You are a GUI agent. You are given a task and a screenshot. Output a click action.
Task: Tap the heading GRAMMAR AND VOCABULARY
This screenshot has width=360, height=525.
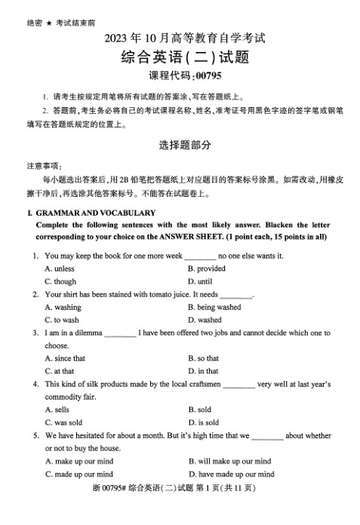tap(95, 213)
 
